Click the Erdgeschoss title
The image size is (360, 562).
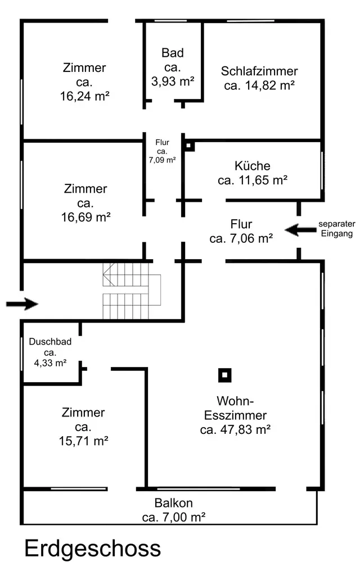[92, 549]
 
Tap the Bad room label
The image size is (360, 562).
[173, 53]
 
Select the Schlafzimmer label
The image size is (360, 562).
[259, 71]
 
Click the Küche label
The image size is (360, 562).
[253, 166]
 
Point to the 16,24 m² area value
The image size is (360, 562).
[84, 96]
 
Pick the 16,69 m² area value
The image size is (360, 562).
[84, 216]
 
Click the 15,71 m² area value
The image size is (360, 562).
[83, 441]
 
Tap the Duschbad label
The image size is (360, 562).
[50, 341]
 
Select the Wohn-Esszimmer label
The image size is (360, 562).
[236, 409]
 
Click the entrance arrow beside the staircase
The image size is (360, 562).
[22, 304]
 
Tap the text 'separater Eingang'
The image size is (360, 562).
[337, 229]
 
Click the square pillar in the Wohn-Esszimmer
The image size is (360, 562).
[225, 375]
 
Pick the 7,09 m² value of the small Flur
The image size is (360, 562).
[162, 160]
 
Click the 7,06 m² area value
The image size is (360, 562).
[241, 239]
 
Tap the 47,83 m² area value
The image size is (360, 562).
[236, 430]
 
